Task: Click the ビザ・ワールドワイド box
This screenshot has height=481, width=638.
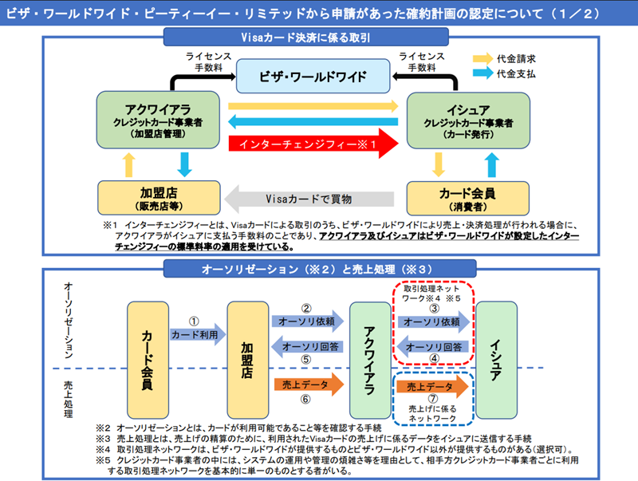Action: (313, 77)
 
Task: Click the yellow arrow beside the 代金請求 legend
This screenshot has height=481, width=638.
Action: (480, 57)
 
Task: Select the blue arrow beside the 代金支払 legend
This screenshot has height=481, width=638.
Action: (480, 74)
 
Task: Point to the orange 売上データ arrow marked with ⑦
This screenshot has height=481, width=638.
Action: (432, 386)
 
